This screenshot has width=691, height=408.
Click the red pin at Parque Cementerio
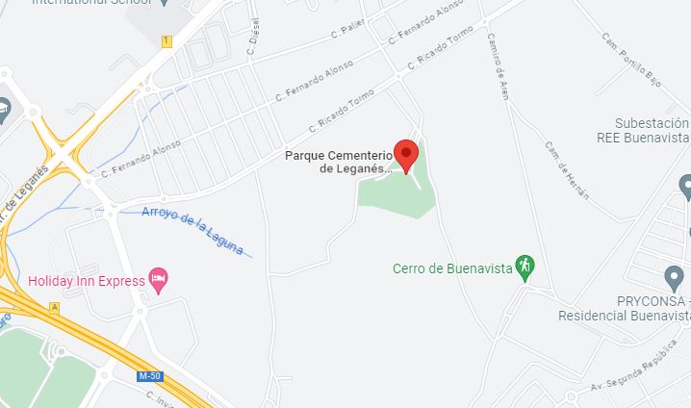pos(407,154)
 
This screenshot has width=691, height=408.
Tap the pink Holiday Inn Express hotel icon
pos(159,280)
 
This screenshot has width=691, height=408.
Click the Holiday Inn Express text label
pos(86,281)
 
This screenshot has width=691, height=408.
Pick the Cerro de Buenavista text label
pos(451,268)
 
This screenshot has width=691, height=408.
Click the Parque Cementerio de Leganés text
pos(337,162)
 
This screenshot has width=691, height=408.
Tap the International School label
pos(92,3)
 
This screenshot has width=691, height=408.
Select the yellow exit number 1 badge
pos(166,40)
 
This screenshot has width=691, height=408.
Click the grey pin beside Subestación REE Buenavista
pos(685,185)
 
